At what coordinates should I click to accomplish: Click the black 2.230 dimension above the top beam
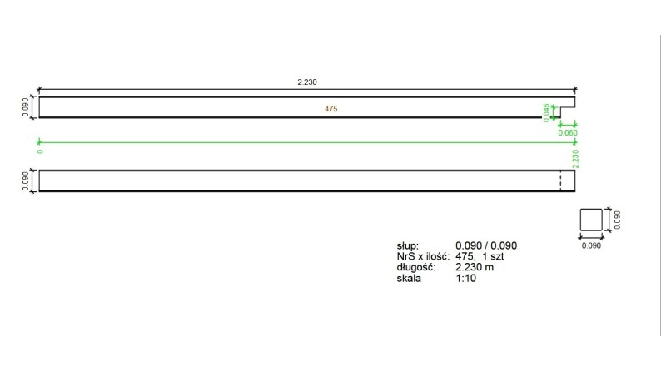(307, 82)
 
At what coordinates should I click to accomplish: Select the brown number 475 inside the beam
(330, 109)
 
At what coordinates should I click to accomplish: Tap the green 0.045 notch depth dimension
(546, 112)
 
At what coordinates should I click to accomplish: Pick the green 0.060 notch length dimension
(567, 132)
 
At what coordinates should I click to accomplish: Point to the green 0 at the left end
(39, 151)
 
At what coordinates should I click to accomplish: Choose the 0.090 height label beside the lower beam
(24, 181)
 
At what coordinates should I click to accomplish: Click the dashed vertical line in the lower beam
(560, 181)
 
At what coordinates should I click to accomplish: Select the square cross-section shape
(590, 220)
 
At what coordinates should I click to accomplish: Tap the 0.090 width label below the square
(590, 246)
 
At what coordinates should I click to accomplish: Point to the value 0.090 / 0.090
(487, 246)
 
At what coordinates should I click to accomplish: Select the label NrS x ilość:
(423, 257)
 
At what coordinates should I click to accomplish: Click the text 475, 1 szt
(480, 257)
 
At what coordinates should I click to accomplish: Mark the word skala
(410, 279)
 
